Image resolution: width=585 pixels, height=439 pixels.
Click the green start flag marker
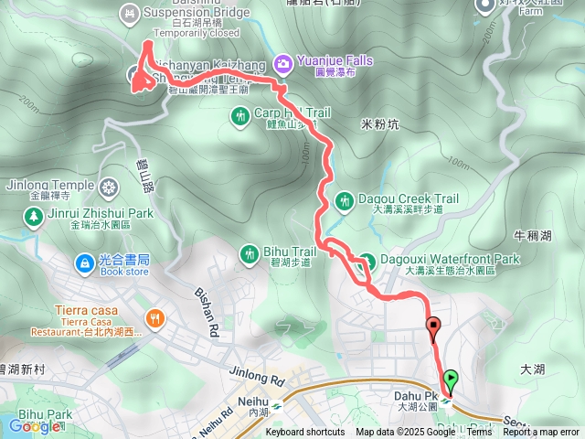tap(450, 379)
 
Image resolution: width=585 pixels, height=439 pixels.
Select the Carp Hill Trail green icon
tap(240, 115)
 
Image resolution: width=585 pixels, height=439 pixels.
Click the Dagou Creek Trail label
tap(408, 198)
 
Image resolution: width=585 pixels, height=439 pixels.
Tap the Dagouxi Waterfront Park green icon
tap(366, 260)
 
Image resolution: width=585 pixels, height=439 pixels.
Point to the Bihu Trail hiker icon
tap(250, 252)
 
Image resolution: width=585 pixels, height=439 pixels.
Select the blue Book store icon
tap(83, 263)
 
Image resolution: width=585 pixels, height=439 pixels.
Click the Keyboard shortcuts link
tap(305, 433)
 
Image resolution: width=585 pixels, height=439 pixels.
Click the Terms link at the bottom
tap(479, 433)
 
